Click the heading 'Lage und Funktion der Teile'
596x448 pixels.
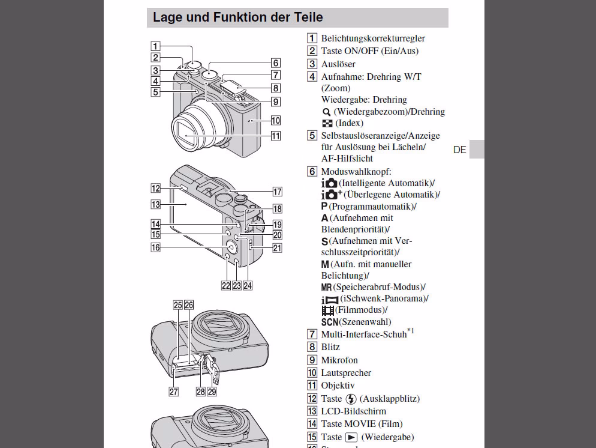pyautogui.click(x=237, y=17)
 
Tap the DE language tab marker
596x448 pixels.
pyautogui.click(x=460, y=150)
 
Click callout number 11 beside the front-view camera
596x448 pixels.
pyautogui.click(x=275, y=136)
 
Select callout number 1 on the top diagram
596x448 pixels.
pyautogui.click(x=155, y=46)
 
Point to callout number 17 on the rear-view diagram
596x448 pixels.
pyautogui.click(x=277, y=192)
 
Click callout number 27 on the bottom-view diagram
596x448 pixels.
pyautogui.click(x=173, y=392)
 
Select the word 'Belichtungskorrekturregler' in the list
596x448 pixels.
pyautogui.click(x=373, y=38)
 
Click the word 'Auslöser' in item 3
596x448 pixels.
pyautogui.click(x=338, y=64)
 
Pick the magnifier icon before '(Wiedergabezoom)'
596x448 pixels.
pyautogui.click(x=326, y=112)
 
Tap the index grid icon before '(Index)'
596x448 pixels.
pyautogui.click(x=327, y=123)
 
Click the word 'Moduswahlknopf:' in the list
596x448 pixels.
pyautogui.click(x=356, y=172)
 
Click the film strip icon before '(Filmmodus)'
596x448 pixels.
pyautogui.click(x=327, y=310)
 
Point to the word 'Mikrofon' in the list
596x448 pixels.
pyautogui.click(x=339, y=360)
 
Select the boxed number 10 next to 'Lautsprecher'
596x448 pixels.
pyautogui.click(x=312, y=373)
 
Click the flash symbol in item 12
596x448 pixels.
pyautogui.click(x=351, y=399)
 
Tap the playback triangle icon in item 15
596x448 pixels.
pyautogui.click(x=351, y=437)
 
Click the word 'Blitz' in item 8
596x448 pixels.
pyautogui.click(x=330, y=347)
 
